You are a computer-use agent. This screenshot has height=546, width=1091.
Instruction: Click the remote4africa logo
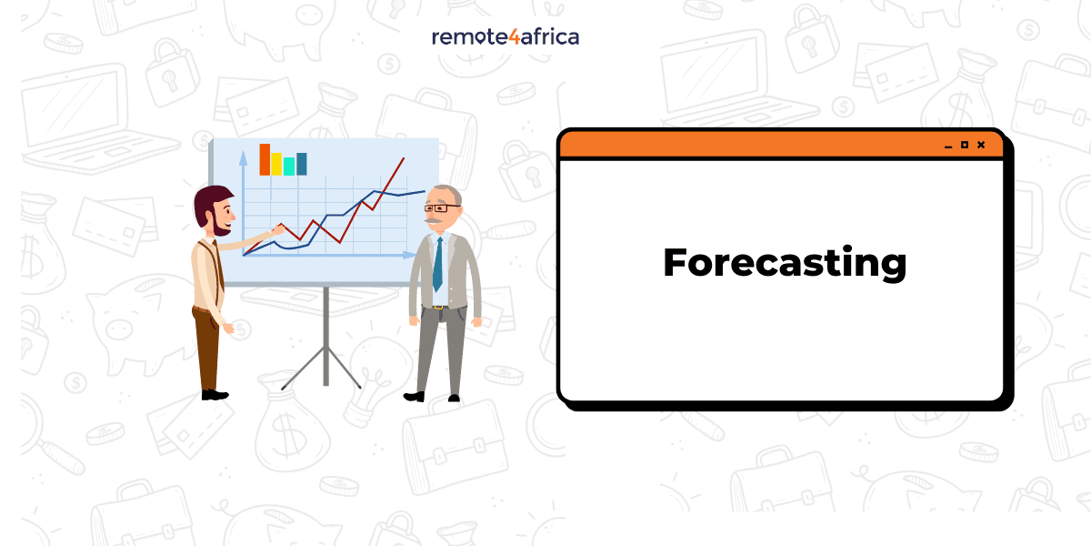pyautogui.click(x=505, y=36)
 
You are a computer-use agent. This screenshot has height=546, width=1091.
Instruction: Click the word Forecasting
pyautogui.click(x=785, y=263)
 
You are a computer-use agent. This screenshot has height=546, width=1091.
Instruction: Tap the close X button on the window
pyautogui.click(x=981, y=145)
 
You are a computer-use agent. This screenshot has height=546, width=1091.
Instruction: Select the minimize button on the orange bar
pyautogui.click(x=948, y=146)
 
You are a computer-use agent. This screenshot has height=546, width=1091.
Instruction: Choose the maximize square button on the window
pyautogui.click(x=965, y=145)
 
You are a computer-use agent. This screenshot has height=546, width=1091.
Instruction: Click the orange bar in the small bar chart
pyautogui.click(x=265, y=159)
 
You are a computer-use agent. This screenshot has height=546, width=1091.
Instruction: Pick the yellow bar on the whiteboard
pyautogui.click(x=276, y=164)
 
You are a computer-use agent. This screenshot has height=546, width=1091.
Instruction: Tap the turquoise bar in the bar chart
pyautogui.click(x=289, y=166)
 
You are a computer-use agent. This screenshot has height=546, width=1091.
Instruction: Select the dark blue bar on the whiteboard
pyautogui.click(x=302, y=164)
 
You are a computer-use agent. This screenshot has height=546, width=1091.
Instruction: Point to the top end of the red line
pyautogui.click(x=403, y=158)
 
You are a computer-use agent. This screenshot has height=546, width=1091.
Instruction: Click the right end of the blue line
pyautogui.click(x=424, y=192)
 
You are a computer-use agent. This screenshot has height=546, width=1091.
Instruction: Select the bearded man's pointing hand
pyautogui.click(x=270, y=232)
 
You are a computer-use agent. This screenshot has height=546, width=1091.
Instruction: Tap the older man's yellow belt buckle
pyautogui.click(x=439, y=307)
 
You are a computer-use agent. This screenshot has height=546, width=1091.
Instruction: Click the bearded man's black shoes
pyautogui.click(x=215, y=395)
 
